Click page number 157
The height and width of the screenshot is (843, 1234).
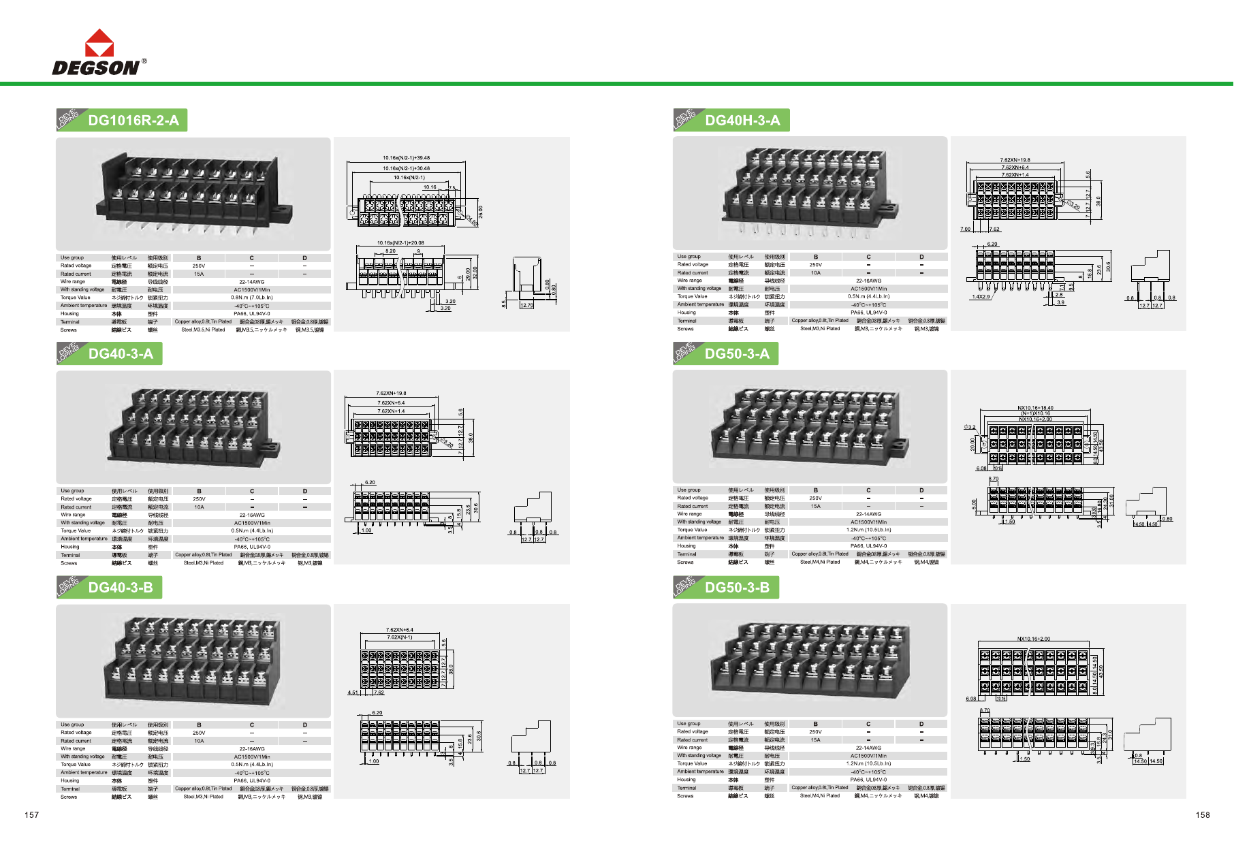(x=32, y=815)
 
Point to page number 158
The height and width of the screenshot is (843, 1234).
(x=1203, y=815)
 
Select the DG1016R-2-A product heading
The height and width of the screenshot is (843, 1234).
(x=133, y=121)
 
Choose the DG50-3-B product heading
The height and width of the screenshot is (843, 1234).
(x=737, y=588)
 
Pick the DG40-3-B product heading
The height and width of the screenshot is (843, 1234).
(x=121, y=588)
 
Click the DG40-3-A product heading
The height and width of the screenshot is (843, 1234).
(x=121, y=354)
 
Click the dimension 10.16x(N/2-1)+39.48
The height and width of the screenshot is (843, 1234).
(x=406, y=158)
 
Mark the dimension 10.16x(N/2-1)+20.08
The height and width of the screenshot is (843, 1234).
(x=400, y=242)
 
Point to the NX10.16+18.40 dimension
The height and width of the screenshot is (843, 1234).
(x=1035, y=409)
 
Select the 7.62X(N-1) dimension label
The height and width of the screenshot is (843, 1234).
(x=400, y=637)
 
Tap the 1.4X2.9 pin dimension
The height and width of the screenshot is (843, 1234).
(x=981, y=297)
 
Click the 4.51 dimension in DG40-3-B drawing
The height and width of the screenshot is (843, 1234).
(x=353, y=693)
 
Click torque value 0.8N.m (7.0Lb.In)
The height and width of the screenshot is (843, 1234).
(x=252, y=298)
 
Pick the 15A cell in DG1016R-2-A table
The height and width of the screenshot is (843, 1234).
(x=199, y=274)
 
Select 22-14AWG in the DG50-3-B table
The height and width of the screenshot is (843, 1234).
(x=868, y=748)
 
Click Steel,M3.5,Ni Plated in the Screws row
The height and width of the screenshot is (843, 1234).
(x=203, y=330)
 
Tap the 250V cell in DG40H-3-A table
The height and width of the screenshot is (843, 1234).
(x=816, y=265)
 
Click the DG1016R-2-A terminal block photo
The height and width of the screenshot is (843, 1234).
(x=193, y=194)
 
